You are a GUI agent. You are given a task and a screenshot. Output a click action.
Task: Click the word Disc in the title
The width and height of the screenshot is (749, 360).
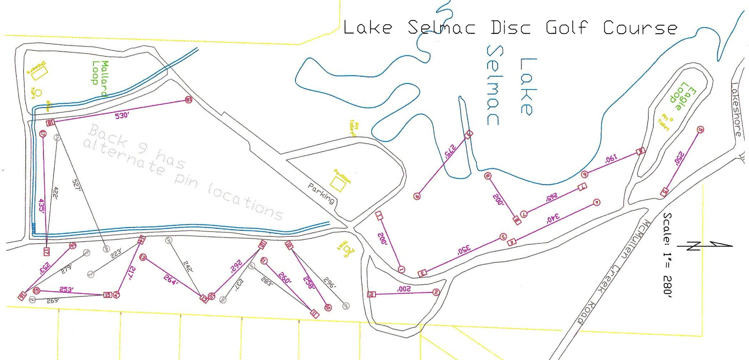click(510, 28)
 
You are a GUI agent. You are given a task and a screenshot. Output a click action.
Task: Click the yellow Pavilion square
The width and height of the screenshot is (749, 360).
click(337, 184)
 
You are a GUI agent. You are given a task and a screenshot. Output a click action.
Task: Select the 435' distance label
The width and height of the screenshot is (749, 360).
click(42, 207)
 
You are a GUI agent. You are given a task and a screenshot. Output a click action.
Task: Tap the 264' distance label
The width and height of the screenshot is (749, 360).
click(171, 280)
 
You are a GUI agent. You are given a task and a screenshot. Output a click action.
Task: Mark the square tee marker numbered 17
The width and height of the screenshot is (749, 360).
click(46, 252)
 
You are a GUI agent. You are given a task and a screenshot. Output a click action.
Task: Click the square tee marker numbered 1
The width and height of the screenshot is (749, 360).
click(379, 216)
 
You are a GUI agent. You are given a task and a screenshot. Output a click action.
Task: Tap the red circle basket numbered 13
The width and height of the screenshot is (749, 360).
click(143, 257)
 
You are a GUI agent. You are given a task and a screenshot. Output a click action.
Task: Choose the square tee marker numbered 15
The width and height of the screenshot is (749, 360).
click(107, 295)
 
